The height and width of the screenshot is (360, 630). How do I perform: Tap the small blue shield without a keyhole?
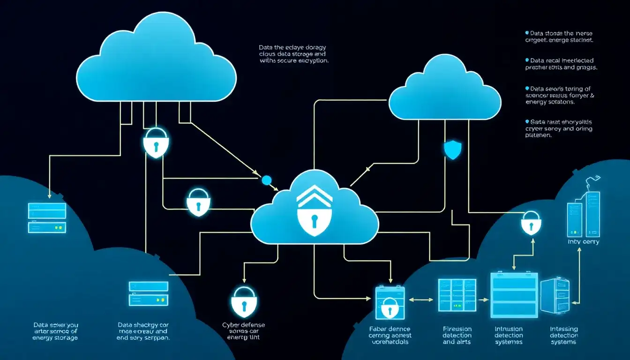pyautogui.click(x=453, y=150)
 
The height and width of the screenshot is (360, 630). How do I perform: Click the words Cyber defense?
pyautogui.click(x=243, y=324)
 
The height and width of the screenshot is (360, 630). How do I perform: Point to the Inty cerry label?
pyautogui.click(x=583, y=242)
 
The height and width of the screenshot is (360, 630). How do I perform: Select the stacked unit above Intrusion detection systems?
pyautogui.click(x=514, y=295)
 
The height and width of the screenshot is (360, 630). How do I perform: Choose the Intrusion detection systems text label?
pyautogui.click(x=509, y=335)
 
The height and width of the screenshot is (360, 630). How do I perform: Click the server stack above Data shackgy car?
pyautogui.click(x=148, y=293)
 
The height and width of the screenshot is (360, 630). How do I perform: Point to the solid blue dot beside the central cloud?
pyautogui.click(x=266, y=180)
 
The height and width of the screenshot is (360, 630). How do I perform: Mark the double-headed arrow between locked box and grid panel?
pyautogui.click(x=421, y=299)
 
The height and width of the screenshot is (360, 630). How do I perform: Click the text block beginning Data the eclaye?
pyautogui.click(x=293, y=54)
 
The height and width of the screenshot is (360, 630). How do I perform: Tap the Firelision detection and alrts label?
pyautogui.click(x=457, y=335)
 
